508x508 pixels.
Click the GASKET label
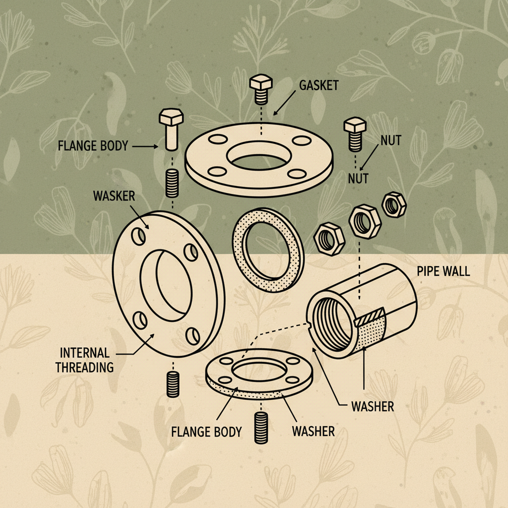point(319,85)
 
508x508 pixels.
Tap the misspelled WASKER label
point(114,196)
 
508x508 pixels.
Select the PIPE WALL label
point(443,271)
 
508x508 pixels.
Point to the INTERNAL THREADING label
point(84,360)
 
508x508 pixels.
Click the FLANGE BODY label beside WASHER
point(206,432)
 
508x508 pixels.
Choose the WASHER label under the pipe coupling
point(373,406)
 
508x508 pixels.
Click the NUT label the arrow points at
point(358,178)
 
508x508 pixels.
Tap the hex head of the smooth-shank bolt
point(171,117)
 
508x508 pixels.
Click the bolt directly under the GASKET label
point(261,89)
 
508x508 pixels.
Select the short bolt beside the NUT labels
point(355,134)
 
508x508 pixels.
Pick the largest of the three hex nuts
point(365,222)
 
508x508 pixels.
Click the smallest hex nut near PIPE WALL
point(393,204)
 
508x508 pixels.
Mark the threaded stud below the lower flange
point(261,428)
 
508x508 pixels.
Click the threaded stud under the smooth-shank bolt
point(172,184)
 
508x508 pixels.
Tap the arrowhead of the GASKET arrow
point(275,113)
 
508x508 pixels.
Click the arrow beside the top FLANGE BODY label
point(145,146)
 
